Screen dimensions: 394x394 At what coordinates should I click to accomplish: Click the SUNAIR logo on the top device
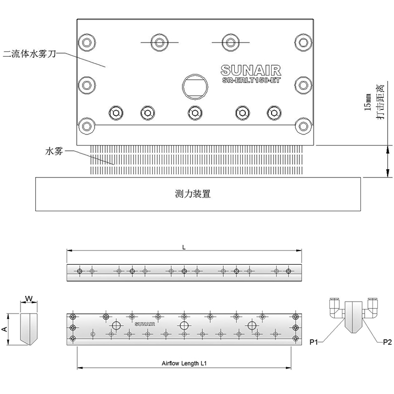(x=251, y=70)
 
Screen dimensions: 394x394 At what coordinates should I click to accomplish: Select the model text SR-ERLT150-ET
(x=251, y=80)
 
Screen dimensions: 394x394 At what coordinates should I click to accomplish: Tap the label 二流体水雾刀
(x=29, y=54)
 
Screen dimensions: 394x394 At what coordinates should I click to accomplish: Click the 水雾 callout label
(x=54, y=151)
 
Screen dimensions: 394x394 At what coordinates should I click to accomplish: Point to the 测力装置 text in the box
(x=193, y=194)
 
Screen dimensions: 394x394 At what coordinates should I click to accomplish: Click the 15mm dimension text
(x=368, y=102)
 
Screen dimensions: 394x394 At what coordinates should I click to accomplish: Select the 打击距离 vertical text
(x=380, y=102)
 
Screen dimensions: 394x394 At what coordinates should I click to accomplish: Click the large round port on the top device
(x=195, y=87)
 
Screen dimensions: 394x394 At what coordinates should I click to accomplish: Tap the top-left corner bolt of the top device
(x=87, y=42)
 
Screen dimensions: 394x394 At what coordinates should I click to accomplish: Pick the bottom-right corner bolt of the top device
(x=304, y=126)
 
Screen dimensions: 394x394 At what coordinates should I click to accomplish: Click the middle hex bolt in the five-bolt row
(x=195, y=113)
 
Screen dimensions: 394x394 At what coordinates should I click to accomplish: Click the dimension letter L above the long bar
(x=184, y=247)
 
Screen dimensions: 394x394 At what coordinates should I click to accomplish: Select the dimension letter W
(x=29, y=299)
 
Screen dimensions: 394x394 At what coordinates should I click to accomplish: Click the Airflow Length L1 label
(x=184, y=364)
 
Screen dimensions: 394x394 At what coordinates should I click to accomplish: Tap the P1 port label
(x=314, y=342)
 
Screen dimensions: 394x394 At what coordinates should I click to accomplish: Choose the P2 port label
(x=387, y=342)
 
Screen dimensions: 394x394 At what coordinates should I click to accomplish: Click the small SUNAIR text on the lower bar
(x=145, y=324)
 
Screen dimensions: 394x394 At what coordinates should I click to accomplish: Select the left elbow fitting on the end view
(x=336, y=309)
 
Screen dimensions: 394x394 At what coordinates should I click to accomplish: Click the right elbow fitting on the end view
(x=370, y=309)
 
